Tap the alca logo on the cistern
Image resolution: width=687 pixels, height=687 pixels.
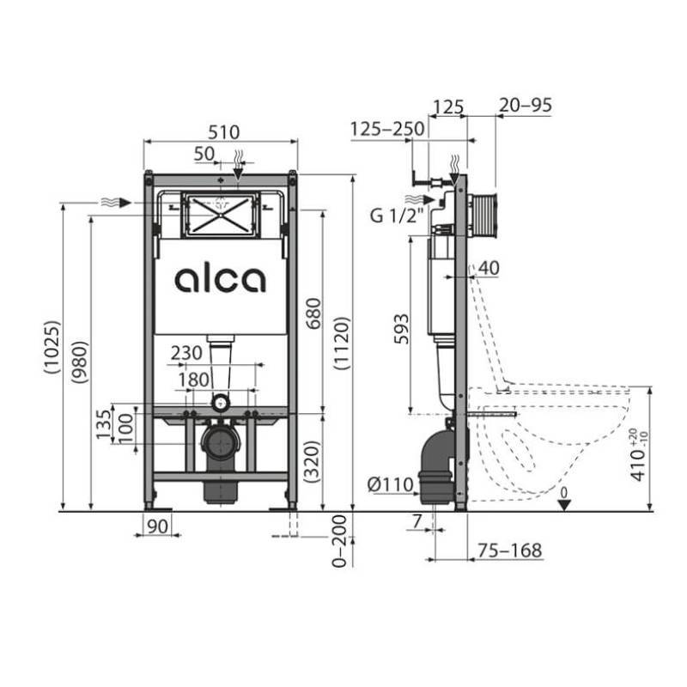[221, 279]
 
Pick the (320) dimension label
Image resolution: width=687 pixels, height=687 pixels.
[312, 462]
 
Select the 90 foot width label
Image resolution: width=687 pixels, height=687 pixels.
[155, 526]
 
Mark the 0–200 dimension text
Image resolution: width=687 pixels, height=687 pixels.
[339, 541]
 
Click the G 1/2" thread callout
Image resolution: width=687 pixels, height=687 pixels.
[397, 216]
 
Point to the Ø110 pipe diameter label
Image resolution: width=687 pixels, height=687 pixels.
[391, 485]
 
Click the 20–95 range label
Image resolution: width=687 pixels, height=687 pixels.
[524, 106]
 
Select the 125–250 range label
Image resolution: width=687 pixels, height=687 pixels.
[386, 129]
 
